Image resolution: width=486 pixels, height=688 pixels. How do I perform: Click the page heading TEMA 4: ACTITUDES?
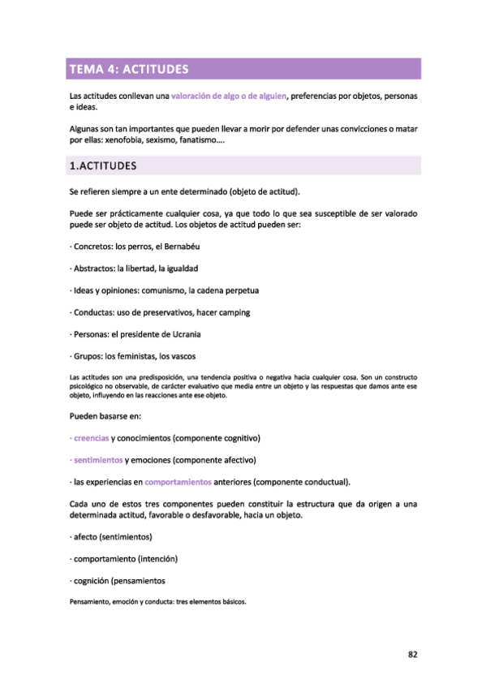(129, 69)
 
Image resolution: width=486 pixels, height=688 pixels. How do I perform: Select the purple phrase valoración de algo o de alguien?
(229, 97)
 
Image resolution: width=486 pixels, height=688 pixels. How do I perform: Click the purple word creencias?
(91, 438)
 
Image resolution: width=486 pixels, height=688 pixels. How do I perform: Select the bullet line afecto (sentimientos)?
(112, 537)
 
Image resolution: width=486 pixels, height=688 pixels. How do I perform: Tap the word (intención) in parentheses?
(157, 559)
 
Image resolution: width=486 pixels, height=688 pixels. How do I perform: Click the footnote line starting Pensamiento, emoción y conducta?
(158, 603)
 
